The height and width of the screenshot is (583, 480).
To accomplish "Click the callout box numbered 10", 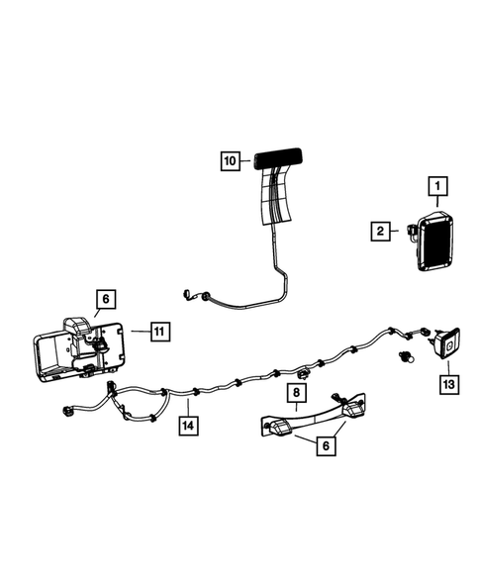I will coord(230,158).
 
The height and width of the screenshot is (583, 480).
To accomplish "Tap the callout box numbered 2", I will coord(379,232).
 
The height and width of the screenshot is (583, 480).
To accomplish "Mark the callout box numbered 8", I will coord(295,394).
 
